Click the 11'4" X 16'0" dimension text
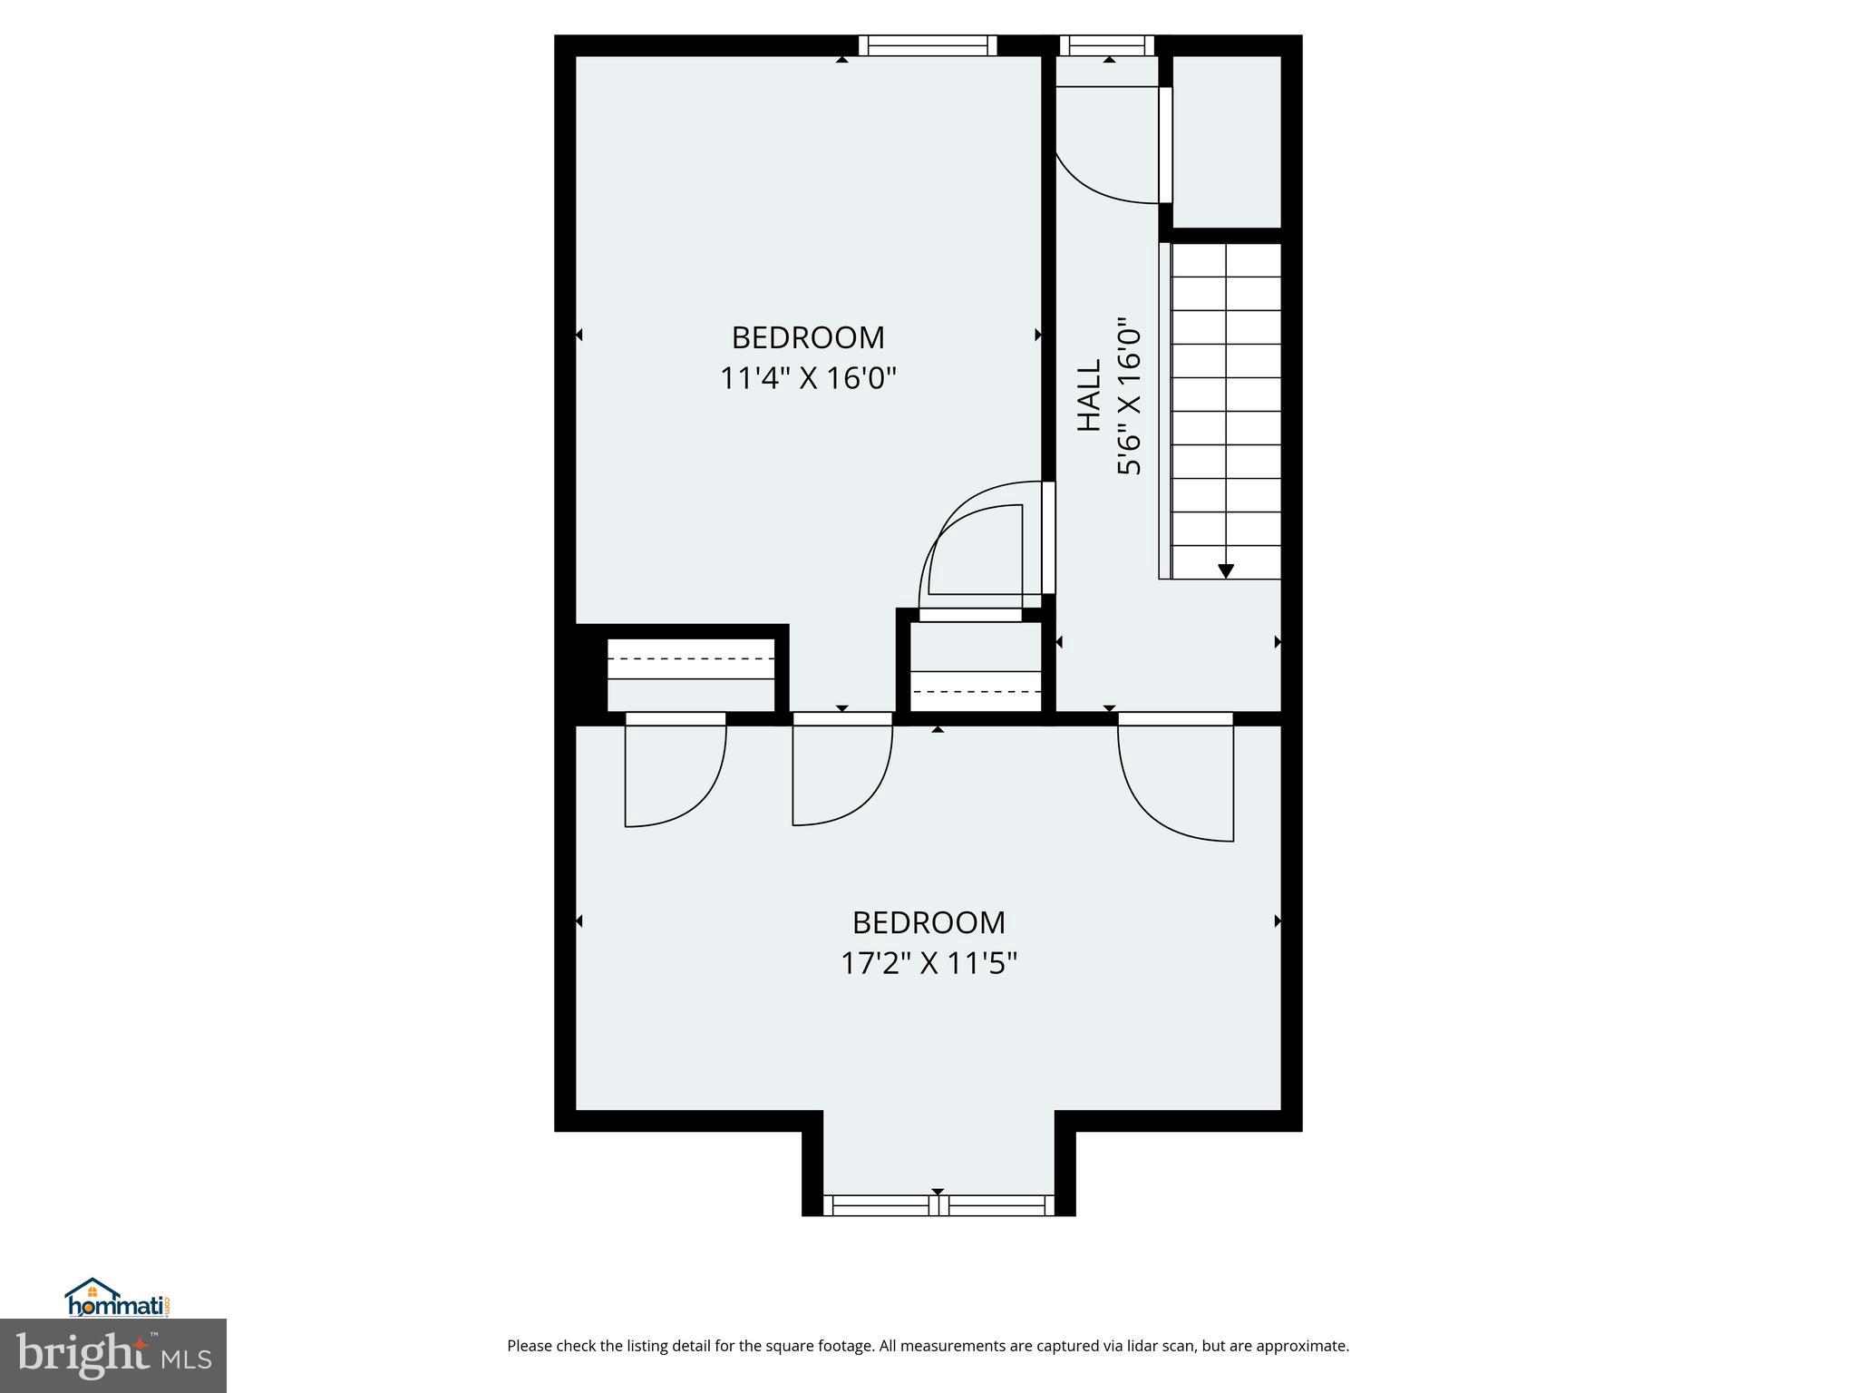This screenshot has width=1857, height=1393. pos(808,378)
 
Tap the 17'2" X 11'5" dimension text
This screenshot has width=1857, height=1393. pos(928,963)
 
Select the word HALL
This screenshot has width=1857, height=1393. pos(1089,395)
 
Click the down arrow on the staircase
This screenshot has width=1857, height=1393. pos(1226,570)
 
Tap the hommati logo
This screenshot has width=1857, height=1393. pos(117,1299)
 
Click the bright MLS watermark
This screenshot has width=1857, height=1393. pos(113,1356)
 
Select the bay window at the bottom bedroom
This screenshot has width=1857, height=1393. pos(938,1205)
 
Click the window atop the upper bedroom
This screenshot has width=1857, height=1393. pos(928,45)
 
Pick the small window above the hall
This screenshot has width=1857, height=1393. pos(1107,45)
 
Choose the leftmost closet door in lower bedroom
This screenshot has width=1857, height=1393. pos(674,771)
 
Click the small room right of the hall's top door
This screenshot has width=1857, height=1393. pos(1227,141)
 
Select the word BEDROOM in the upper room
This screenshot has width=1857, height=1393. pos(808,337)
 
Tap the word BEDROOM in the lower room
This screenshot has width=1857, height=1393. pos(928,922)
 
